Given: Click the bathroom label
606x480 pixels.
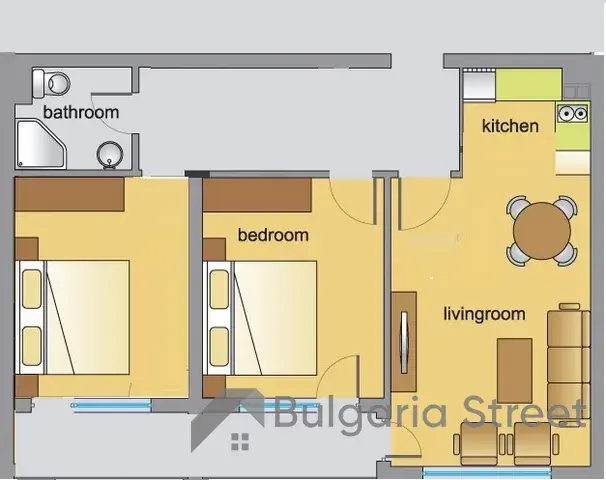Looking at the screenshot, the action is click(x=81, y=112).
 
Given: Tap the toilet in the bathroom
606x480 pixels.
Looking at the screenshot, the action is click(x=51, y=83).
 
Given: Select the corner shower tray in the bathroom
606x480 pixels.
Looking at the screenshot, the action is click(x=41, y=145).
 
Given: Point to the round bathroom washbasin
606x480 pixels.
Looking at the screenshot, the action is click(x=110, y=155).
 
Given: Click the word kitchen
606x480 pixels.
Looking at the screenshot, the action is click(x=510, y=126).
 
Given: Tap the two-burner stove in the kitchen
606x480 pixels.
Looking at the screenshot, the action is click(x=573, y=113).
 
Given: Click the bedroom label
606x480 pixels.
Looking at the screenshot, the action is click(x=273, y=235).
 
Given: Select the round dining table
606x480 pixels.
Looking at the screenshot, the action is click(x=542, y=231).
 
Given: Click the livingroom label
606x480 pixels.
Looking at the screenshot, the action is click(x=484, y=314).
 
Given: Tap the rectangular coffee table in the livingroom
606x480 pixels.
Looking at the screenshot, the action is click(x=515, y=371).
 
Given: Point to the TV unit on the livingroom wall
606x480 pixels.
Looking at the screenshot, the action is click(x=404, y=342).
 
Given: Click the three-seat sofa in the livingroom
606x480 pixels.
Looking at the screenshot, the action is click(x=569, y=364).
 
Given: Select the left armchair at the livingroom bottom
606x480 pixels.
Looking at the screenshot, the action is click(x=478, y=444).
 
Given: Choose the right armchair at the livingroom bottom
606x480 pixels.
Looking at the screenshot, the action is click(x=536, y=444).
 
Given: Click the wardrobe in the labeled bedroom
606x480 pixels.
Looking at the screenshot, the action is click(x=257, y=195).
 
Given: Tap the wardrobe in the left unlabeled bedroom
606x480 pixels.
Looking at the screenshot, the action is click(x=70, y=194).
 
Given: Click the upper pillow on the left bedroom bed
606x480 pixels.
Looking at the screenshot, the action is click(x=32, y=289).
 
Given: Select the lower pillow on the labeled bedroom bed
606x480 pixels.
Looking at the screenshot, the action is click(x=219, y=347).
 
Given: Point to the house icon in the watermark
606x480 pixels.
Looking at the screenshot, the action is click(x=228, y=420).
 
